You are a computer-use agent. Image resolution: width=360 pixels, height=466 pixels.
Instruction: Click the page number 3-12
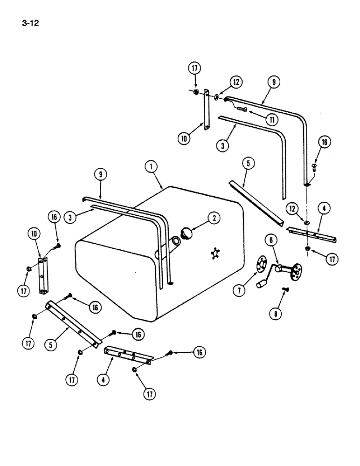(x=29, y=22)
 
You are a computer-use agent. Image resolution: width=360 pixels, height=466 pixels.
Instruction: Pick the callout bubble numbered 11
(x=269, y=119)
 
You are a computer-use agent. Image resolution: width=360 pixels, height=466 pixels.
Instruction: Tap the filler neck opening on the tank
(x=176, y=241)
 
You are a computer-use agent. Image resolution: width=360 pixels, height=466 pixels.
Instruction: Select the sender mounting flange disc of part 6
(x=294, y=273)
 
